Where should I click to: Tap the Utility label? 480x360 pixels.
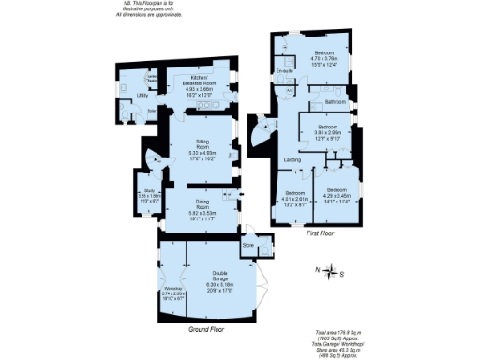click(117, 95)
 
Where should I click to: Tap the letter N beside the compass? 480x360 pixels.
click(318, 270)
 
